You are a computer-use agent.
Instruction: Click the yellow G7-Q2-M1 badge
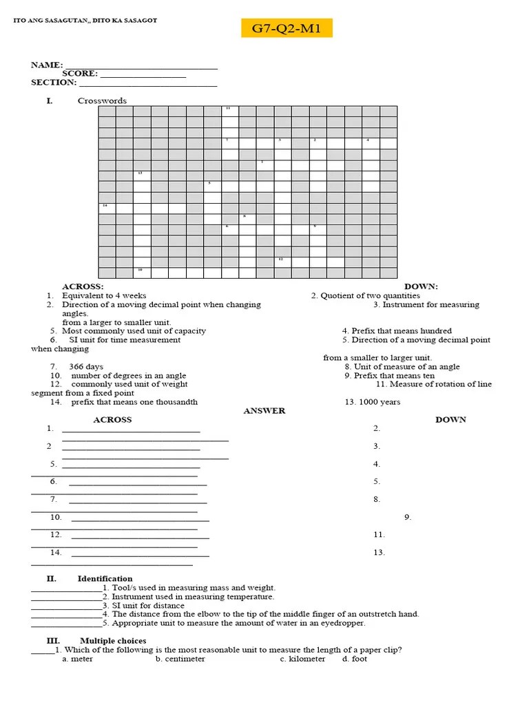287,28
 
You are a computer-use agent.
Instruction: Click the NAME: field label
47,65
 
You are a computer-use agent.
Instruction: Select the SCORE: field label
80,74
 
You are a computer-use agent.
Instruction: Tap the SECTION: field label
54,83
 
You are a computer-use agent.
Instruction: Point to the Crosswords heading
102,101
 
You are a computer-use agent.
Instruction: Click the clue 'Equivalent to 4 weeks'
104,296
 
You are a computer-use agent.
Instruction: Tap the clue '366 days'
86,367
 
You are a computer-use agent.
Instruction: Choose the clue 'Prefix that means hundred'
397,331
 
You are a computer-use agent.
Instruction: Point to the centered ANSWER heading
264,411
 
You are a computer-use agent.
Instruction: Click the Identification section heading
105,579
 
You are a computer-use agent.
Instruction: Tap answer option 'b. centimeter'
180,659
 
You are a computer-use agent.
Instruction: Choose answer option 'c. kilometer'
302,659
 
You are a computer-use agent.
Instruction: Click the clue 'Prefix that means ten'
389,376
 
